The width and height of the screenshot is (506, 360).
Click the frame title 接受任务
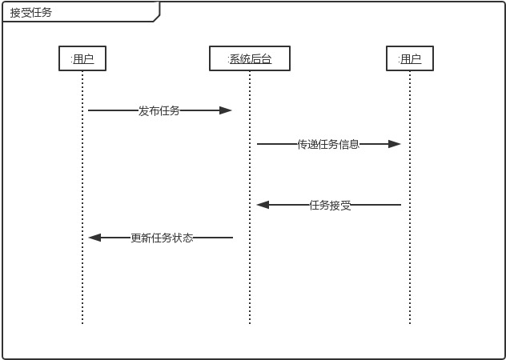[x=31, y=13]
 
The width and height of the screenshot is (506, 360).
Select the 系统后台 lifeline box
[x=249, y=58]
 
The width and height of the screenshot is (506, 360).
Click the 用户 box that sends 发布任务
[x=82, y=58]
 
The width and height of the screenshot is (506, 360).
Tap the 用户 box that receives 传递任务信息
[x=410, y=58]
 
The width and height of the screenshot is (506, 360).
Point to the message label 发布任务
[x=159, y=110]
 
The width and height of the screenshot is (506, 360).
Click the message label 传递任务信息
[x=328, y=144]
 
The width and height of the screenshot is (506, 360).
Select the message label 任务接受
[x=330, y=205]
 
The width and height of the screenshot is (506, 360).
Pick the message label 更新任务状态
[x=162, y=238]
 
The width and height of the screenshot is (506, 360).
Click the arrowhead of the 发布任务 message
[x=227, y=110]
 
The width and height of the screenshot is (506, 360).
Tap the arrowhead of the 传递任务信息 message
[x=395, y=144]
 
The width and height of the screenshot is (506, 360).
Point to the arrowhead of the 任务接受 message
[x=262, y=205]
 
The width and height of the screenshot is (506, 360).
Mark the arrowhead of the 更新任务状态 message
[x=94, y=238]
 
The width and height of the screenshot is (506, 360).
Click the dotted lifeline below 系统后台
[x=249, y=272]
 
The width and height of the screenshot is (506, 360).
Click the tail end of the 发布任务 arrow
[x=89, y=110]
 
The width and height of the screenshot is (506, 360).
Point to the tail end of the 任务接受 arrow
[x=400, y=205]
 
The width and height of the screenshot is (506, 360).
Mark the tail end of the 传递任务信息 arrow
[x=258, y=144]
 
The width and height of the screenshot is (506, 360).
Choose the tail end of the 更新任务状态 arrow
[x=232, y=238]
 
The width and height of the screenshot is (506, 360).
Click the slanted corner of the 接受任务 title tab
[x=157, y=18]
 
